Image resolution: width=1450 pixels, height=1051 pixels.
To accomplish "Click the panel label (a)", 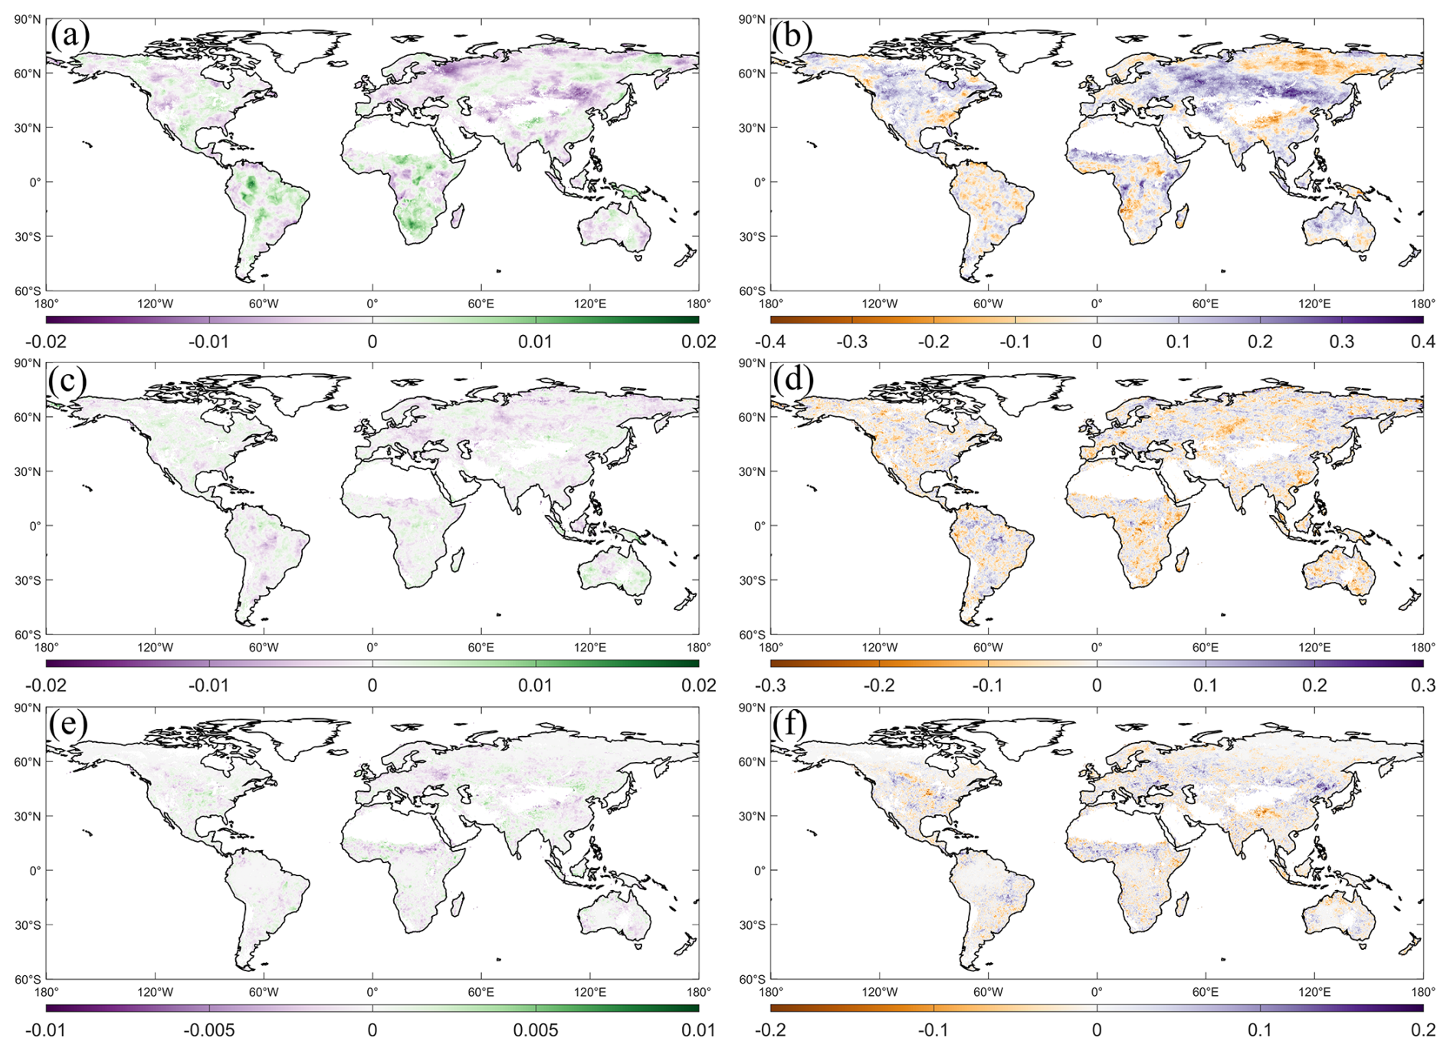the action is tap(70, 35).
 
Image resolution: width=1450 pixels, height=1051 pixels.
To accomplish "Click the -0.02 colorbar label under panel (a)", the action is tap(45, 341).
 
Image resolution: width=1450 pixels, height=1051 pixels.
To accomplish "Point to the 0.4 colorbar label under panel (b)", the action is tap(1423, 341).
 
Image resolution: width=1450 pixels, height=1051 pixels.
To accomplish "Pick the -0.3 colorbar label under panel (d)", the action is tap(769, 685).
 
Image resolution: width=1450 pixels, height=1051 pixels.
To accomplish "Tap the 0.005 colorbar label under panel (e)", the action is tap(536, 1030).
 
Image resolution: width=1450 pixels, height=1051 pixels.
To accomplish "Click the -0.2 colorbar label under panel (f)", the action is tap(769, 1030).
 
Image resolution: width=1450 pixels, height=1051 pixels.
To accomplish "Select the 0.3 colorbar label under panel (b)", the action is tap(1341, 341).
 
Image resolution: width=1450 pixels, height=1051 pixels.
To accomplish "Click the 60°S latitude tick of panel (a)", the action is tap(28, 291).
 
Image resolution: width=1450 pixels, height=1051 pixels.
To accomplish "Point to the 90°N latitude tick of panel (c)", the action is tap(28, 363).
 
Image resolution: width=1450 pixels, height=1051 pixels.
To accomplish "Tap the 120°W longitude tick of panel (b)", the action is tap(879, 304).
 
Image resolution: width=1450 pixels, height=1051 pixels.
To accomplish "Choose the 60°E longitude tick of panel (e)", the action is tap(481, 992).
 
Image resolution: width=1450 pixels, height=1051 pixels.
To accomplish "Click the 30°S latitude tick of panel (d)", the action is tap(753, 580).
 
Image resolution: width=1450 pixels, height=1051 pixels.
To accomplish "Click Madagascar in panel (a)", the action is tap(458, 215).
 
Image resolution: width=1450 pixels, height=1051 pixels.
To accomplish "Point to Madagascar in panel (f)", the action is tap(1182, 904).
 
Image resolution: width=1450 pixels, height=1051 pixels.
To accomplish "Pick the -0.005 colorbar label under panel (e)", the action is tap(209, 1030).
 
